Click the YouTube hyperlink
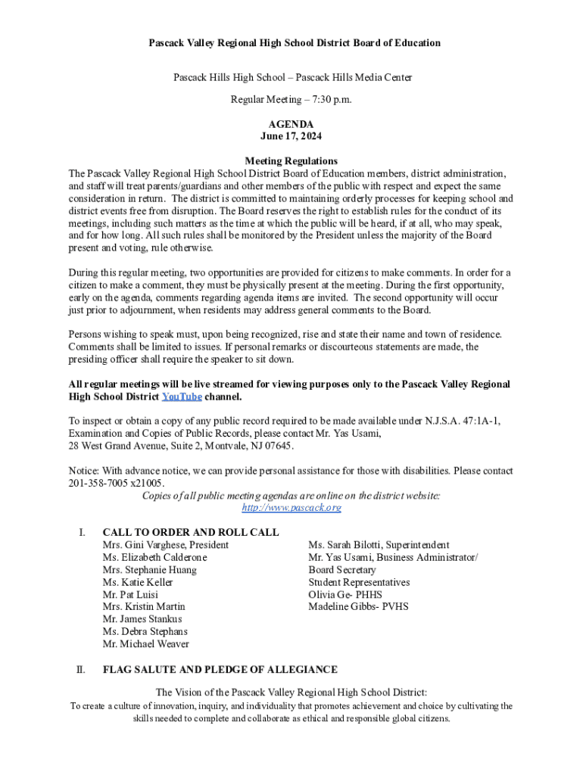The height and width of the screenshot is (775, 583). [182, 397]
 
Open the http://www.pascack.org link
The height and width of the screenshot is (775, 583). [291, 508]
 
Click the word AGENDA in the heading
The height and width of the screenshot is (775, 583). [291, 124]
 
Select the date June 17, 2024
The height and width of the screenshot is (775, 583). [291, 136]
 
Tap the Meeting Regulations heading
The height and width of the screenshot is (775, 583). [291, 161]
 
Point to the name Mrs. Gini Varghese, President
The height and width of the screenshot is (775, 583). [165, 545]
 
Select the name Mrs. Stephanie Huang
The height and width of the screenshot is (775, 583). [149, 570]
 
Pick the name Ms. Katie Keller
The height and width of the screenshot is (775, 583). [137, 582]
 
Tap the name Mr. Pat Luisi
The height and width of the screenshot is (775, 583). [130, 595]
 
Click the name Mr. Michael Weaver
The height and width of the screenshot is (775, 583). [145, 644]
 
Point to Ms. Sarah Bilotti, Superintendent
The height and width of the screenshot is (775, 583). [379, 545]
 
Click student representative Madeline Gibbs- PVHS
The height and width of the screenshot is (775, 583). [358, 607]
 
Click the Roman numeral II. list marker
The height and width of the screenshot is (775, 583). [80, 670]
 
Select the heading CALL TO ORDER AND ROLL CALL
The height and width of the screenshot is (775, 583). [190, 532]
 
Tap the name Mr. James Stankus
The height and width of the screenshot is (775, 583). [142, 619]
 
